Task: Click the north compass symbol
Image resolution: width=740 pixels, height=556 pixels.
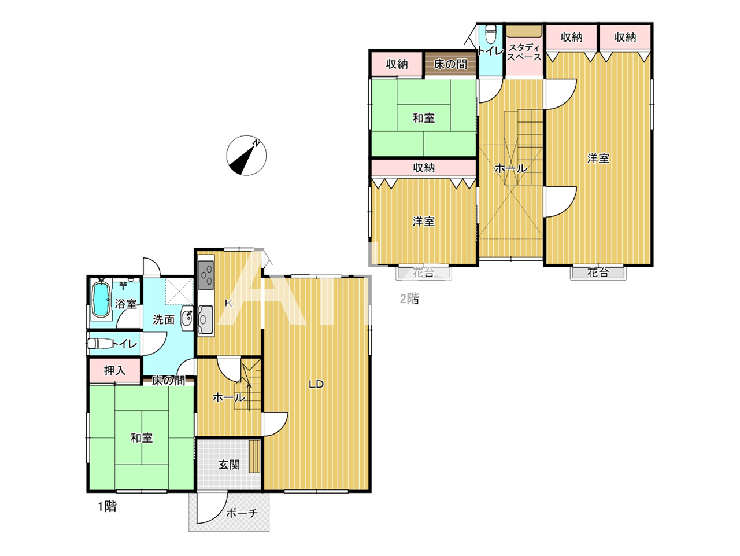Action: click(246, 155)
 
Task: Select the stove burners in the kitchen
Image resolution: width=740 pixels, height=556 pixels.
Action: click(206, 275)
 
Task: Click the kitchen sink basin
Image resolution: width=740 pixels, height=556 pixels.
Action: click(205, 319)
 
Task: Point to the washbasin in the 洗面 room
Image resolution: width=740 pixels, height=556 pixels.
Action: click(186, 318)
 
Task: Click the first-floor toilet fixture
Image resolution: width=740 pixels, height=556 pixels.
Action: click(99, 344)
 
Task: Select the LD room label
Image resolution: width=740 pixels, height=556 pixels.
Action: click(316, 384)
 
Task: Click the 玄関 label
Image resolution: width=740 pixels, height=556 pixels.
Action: click(229, 465)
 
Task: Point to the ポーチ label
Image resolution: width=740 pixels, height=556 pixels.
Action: click(242, 513)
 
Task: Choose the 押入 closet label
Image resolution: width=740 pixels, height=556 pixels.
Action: click(114, 370)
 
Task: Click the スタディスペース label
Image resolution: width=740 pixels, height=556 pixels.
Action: click(524, 52)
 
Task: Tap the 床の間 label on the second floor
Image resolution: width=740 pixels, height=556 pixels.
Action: click(450, 64)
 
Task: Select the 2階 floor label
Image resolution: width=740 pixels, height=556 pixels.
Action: click(409, 299)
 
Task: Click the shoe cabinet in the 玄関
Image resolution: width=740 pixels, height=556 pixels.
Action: click(254, 456)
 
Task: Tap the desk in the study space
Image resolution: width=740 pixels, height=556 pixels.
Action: click(524, 31)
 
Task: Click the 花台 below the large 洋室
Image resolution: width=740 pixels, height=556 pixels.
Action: click(598, 273)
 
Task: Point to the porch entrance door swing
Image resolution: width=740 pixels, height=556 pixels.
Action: click(212, 508)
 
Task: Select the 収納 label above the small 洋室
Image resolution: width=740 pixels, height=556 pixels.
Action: click(424, 168)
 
